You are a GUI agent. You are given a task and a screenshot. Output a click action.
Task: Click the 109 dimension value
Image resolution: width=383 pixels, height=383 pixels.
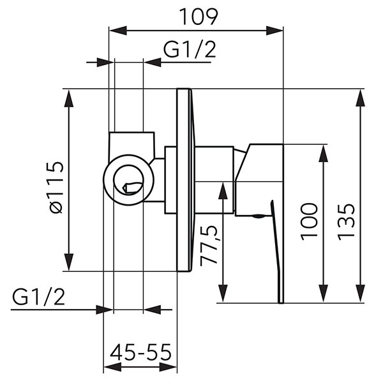(x=198, y=17)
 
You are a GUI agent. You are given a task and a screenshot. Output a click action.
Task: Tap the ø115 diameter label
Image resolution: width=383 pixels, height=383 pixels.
(x=56, y=187)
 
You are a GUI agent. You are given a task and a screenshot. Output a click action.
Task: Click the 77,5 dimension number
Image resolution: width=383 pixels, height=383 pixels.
(x=209, y=246)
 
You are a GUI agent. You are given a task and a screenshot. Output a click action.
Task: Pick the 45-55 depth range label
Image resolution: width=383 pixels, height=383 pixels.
(x=140, y=352)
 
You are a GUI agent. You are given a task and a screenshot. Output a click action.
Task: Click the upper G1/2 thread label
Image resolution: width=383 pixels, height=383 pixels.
(x=190, y=50)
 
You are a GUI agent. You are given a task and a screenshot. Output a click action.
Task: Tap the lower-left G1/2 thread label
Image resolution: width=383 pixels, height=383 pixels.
(x=38, y=297)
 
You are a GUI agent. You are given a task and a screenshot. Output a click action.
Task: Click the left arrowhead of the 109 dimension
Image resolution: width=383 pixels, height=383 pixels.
(x=117, y=31)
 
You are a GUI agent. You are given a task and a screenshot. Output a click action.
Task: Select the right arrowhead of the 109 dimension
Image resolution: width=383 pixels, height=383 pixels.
(x=274, y=31)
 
